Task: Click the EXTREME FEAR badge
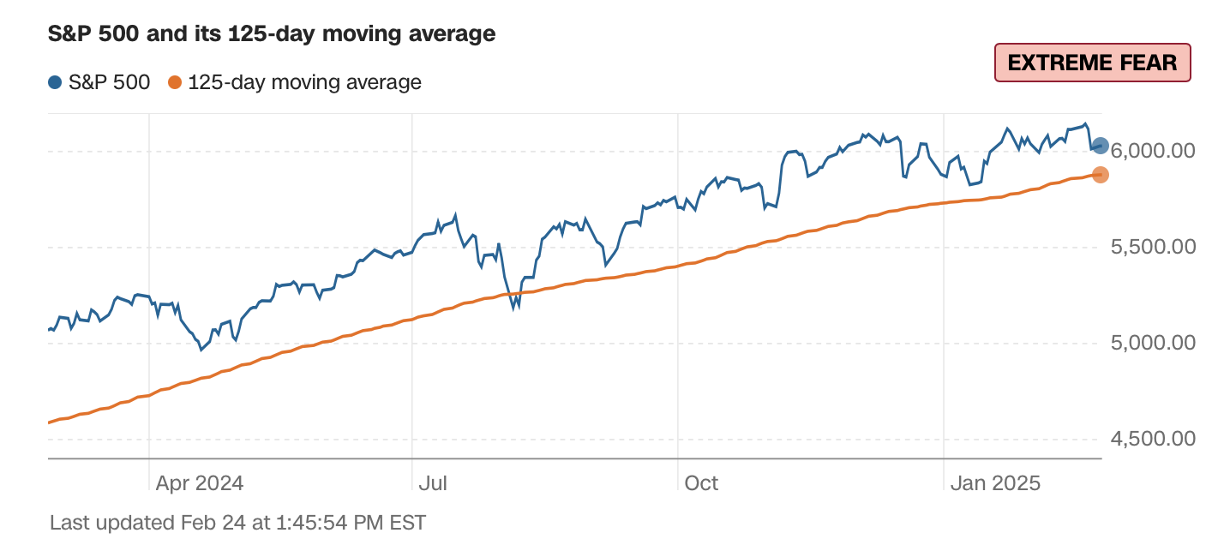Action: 1092,63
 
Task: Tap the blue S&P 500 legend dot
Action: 56,83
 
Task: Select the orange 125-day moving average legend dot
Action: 175,83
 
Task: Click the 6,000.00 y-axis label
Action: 1153,151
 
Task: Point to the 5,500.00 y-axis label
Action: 1153,247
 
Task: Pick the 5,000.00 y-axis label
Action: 1153,343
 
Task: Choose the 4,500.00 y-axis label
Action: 1153,439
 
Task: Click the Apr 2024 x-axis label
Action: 200,483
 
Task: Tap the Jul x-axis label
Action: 433,483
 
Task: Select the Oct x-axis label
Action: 700,483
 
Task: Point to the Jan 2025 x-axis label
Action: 995,483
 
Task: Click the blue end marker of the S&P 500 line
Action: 1101,146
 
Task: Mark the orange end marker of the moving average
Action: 1101,175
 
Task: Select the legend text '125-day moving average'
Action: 304,83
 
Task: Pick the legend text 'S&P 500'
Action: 110,83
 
